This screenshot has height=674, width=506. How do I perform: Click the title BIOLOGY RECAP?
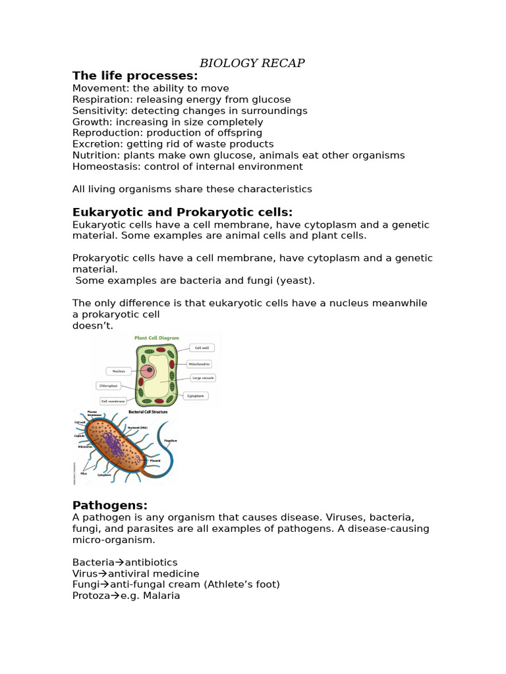(x=252, y=63)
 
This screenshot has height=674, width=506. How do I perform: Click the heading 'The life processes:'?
(x=135, y=76)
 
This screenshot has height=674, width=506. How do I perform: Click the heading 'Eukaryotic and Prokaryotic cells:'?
(x=182, y=212)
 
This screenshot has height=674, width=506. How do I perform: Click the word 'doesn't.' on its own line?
(x=93, y=325)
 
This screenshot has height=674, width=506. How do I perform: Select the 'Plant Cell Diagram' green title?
(x=157, y=338)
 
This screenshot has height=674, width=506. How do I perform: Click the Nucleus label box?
(x=119, y=371)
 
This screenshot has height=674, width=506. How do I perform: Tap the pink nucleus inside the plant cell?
(x=150, y=371)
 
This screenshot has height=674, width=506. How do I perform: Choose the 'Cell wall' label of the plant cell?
(x=202, y=348)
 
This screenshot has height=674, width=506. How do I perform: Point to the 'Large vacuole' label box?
(x=202, y=378)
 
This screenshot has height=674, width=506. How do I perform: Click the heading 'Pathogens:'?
(x=110, y=505)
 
